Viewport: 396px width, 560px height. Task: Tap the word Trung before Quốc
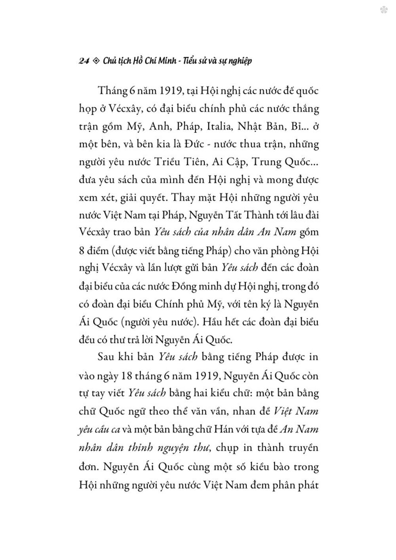click(x=265, y=162)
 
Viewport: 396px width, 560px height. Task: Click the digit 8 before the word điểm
click(x=81, y=251)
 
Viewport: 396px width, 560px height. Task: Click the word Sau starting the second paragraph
click(x=105, y=357)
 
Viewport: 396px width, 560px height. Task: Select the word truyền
click(x=302, y=448)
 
